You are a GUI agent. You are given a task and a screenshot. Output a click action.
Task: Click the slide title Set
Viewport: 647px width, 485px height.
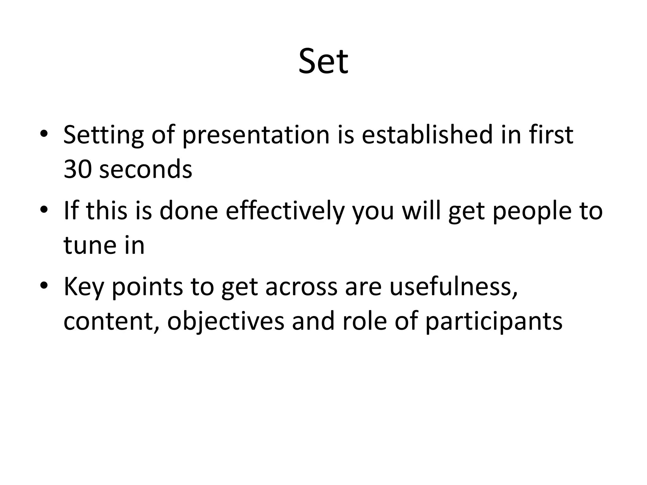(323, 61)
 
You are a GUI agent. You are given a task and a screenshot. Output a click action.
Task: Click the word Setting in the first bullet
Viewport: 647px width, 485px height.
(104, 135)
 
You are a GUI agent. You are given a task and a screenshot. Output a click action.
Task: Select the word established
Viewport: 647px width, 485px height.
(427, 135)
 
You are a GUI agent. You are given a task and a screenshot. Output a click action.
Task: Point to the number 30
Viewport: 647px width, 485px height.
(77, 169)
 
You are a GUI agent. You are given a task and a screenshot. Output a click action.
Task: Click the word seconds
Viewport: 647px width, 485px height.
(146, 169)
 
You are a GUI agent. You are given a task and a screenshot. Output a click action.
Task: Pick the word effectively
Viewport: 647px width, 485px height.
(284, 211)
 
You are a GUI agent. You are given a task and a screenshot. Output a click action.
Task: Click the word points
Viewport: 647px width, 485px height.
(147, 287)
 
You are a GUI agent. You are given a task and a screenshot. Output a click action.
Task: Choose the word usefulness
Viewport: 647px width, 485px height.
(454, 287)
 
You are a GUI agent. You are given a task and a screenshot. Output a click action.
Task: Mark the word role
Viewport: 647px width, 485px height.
(364, 321)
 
